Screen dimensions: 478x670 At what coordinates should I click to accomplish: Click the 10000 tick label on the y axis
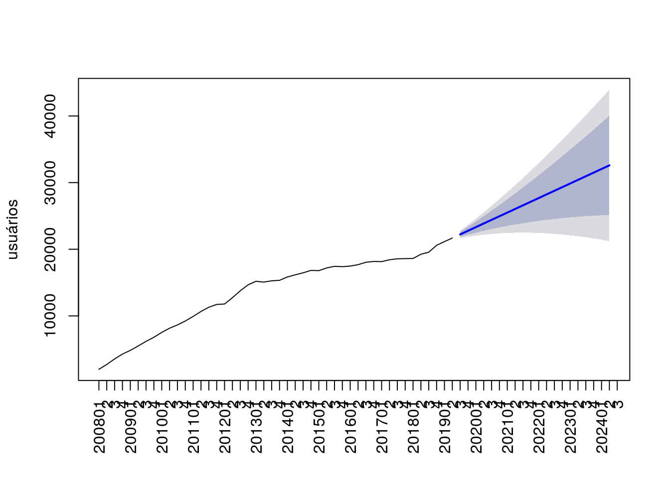click(x=50, y=316)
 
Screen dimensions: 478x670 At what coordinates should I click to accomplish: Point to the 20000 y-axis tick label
click(x=50, y=249)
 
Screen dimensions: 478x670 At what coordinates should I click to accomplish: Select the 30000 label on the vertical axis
click(x=50, y=183)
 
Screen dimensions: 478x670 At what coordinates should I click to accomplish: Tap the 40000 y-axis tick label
click(x=50, y=116)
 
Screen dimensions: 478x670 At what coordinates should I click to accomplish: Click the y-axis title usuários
click(x=12, y=229)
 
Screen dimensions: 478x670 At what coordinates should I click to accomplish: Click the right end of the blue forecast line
click(x=609, y=165)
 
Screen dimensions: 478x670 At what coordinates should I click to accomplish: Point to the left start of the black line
click(x=99, y=369)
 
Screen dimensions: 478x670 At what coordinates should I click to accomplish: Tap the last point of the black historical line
click(x=452, y=238)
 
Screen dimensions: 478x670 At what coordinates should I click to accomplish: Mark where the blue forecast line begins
click(x=460, y=234)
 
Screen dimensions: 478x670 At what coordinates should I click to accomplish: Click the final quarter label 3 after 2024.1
click(x=618, y=403)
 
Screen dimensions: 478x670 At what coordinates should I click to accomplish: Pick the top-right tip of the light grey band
click(x=609, y=91)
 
